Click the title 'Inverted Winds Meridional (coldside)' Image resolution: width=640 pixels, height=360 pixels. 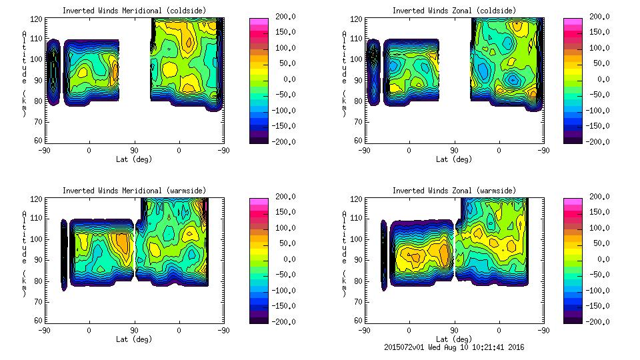tap(134, 11)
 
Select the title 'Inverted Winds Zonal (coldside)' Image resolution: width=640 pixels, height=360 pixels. tap(454, 11)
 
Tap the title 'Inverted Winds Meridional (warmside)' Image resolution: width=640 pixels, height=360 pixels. tap(134, 191)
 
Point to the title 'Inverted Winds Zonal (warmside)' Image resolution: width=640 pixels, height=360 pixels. tap(454, 191)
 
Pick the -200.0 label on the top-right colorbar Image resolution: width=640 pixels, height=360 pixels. tap(600, 141)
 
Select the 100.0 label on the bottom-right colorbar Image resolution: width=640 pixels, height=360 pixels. tap(600, 227)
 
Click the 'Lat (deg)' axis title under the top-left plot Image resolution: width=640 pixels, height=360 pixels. tap(134, 159)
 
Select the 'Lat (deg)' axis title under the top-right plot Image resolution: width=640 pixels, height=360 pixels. tap(454, 159)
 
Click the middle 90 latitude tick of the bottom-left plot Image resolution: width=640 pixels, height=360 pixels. tap(134, 330)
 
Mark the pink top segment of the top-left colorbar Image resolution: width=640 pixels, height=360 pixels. tap(259, 22)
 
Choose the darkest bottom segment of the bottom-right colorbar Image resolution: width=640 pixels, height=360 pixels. tap(573, 318)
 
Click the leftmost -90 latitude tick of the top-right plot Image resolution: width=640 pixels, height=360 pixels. tap(364, 150)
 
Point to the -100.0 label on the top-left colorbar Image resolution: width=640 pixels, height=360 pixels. tap(284, 110)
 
